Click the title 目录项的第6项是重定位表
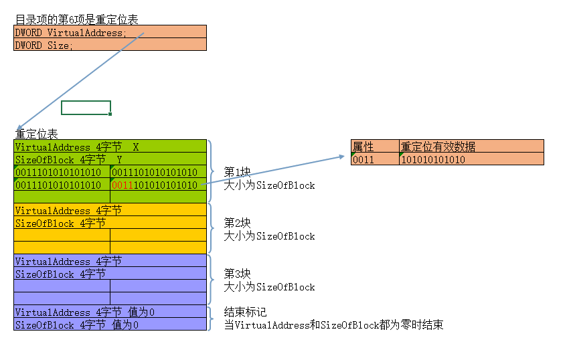tap(77, 19)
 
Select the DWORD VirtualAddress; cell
tap(110, 32)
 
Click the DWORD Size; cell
tap(110, 45)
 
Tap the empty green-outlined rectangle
tap(86, 108)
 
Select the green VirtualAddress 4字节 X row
tap(110, 147)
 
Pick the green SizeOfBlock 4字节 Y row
tap(110, 159)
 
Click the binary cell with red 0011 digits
tap(158, 185)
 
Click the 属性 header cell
tap(374, 147)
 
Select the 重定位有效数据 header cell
tap(471, 147)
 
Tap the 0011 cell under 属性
tap(374, 159)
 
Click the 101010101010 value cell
tap(471, 159)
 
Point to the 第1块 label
tap(237, 172)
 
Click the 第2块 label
tap(237, 223)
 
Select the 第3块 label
tap(237, 274)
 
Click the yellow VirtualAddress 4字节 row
tap(110, 210)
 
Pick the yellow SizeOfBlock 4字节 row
tap(110, 223)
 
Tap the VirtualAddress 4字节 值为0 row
tap(110, 312)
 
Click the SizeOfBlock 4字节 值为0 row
tap(110, 325)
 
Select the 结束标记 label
tap(245, 312)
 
